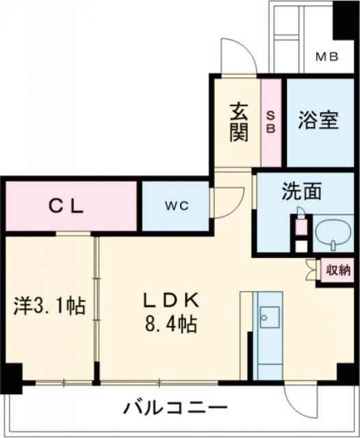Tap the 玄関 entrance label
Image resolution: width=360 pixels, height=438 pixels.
tap(239, 120)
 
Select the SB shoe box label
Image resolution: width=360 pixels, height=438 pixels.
tap(271, 122)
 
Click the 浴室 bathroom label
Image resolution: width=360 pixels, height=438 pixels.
tap(318, 120)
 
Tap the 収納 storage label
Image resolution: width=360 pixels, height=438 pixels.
tap(337, 270)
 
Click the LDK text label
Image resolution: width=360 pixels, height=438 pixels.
tap(170, 300)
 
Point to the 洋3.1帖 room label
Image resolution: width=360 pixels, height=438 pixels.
tap(49, 305)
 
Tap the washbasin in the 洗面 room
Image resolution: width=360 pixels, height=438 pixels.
tap(333, 236)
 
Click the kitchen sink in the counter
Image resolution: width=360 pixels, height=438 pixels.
tap(269, 316)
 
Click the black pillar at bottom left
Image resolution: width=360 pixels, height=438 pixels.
tap(11, 375)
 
